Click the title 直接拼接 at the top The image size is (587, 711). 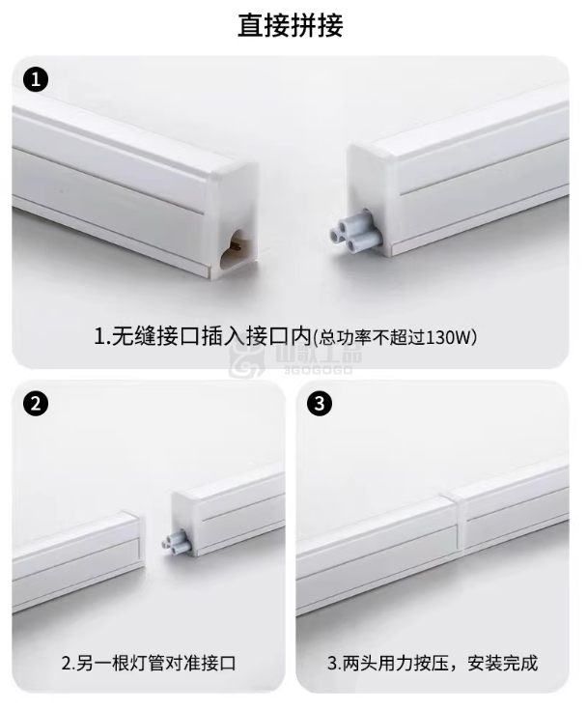coord(291,25)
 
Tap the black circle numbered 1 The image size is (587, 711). coord(36,80)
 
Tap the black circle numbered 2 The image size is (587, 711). coord(36,403)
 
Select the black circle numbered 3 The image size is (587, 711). coord(320,403)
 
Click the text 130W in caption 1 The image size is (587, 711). coord(449,337)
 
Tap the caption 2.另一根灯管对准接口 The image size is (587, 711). coord(149,663)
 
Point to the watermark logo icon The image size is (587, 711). coord(246,360)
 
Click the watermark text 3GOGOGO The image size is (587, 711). coord(319,370)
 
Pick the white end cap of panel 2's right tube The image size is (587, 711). coord(185,522)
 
